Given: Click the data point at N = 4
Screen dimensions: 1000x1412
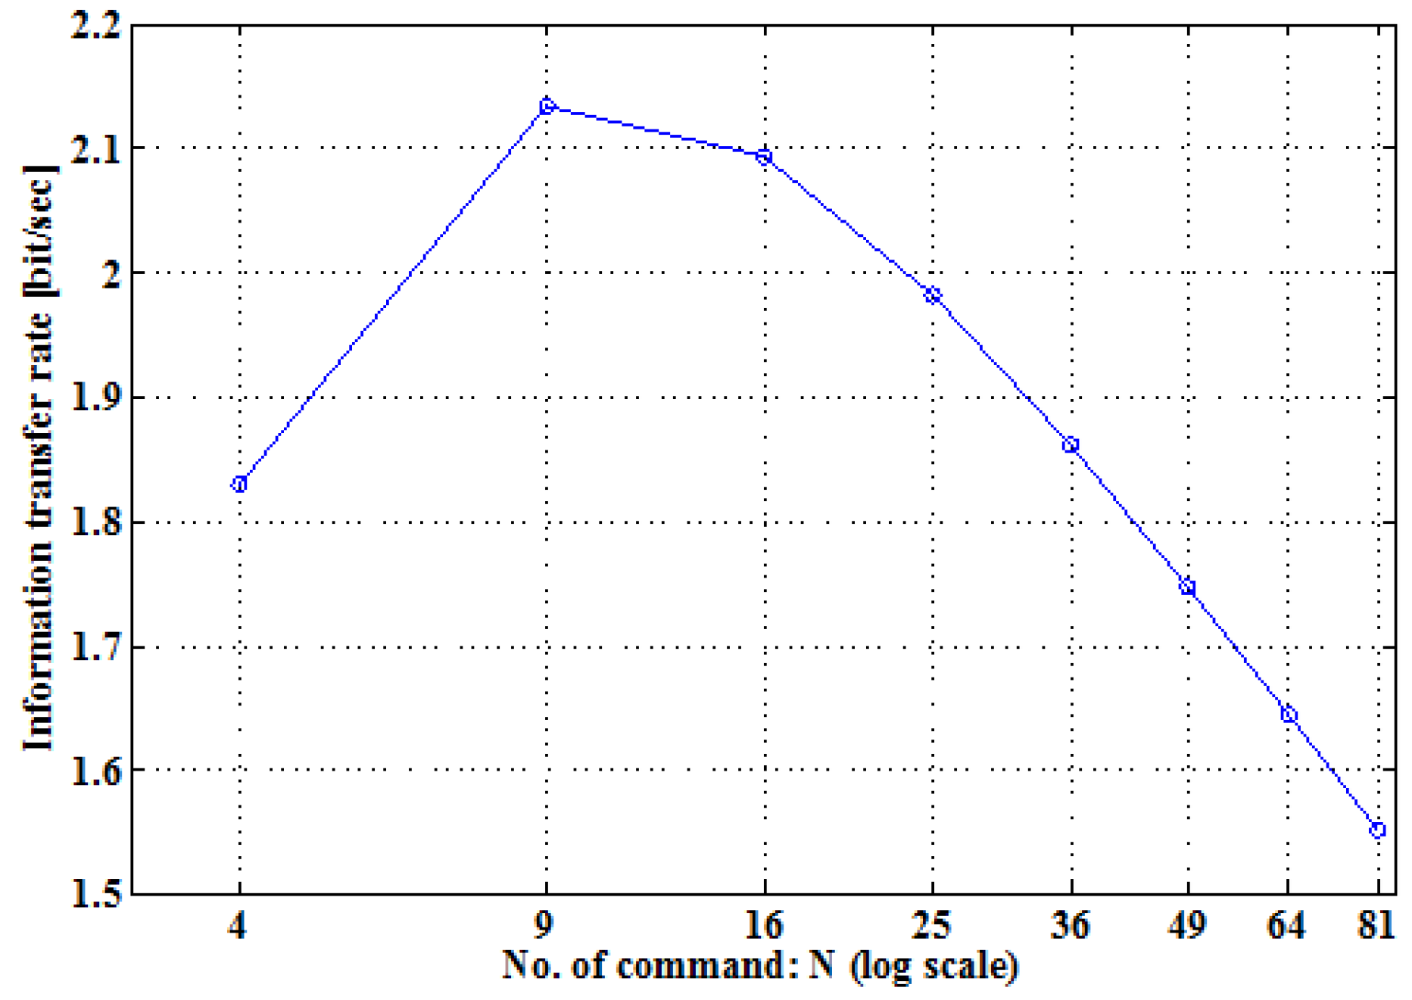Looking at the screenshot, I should [240, 484].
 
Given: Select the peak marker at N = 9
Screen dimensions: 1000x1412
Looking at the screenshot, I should [547, 107].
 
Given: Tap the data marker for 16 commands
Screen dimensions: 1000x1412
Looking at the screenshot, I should [765, 157].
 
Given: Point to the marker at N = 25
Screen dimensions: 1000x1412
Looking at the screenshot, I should [933, 295].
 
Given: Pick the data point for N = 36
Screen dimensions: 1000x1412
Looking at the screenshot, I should [1071, 445].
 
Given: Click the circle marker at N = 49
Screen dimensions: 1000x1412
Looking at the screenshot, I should [1188, 587].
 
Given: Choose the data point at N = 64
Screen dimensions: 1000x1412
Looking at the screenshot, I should [1289, 715].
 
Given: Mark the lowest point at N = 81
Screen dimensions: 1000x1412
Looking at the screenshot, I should [1378, 830].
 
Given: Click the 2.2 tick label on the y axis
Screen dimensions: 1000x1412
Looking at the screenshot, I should [95, 27].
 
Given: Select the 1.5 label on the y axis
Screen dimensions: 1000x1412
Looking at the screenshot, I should [95, 894].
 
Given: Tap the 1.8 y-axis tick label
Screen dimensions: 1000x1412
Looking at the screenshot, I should [95, 523].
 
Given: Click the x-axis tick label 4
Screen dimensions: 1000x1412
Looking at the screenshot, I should [238, 925].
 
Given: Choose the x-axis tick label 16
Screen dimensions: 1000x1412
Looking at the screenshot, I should [764, 925].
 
